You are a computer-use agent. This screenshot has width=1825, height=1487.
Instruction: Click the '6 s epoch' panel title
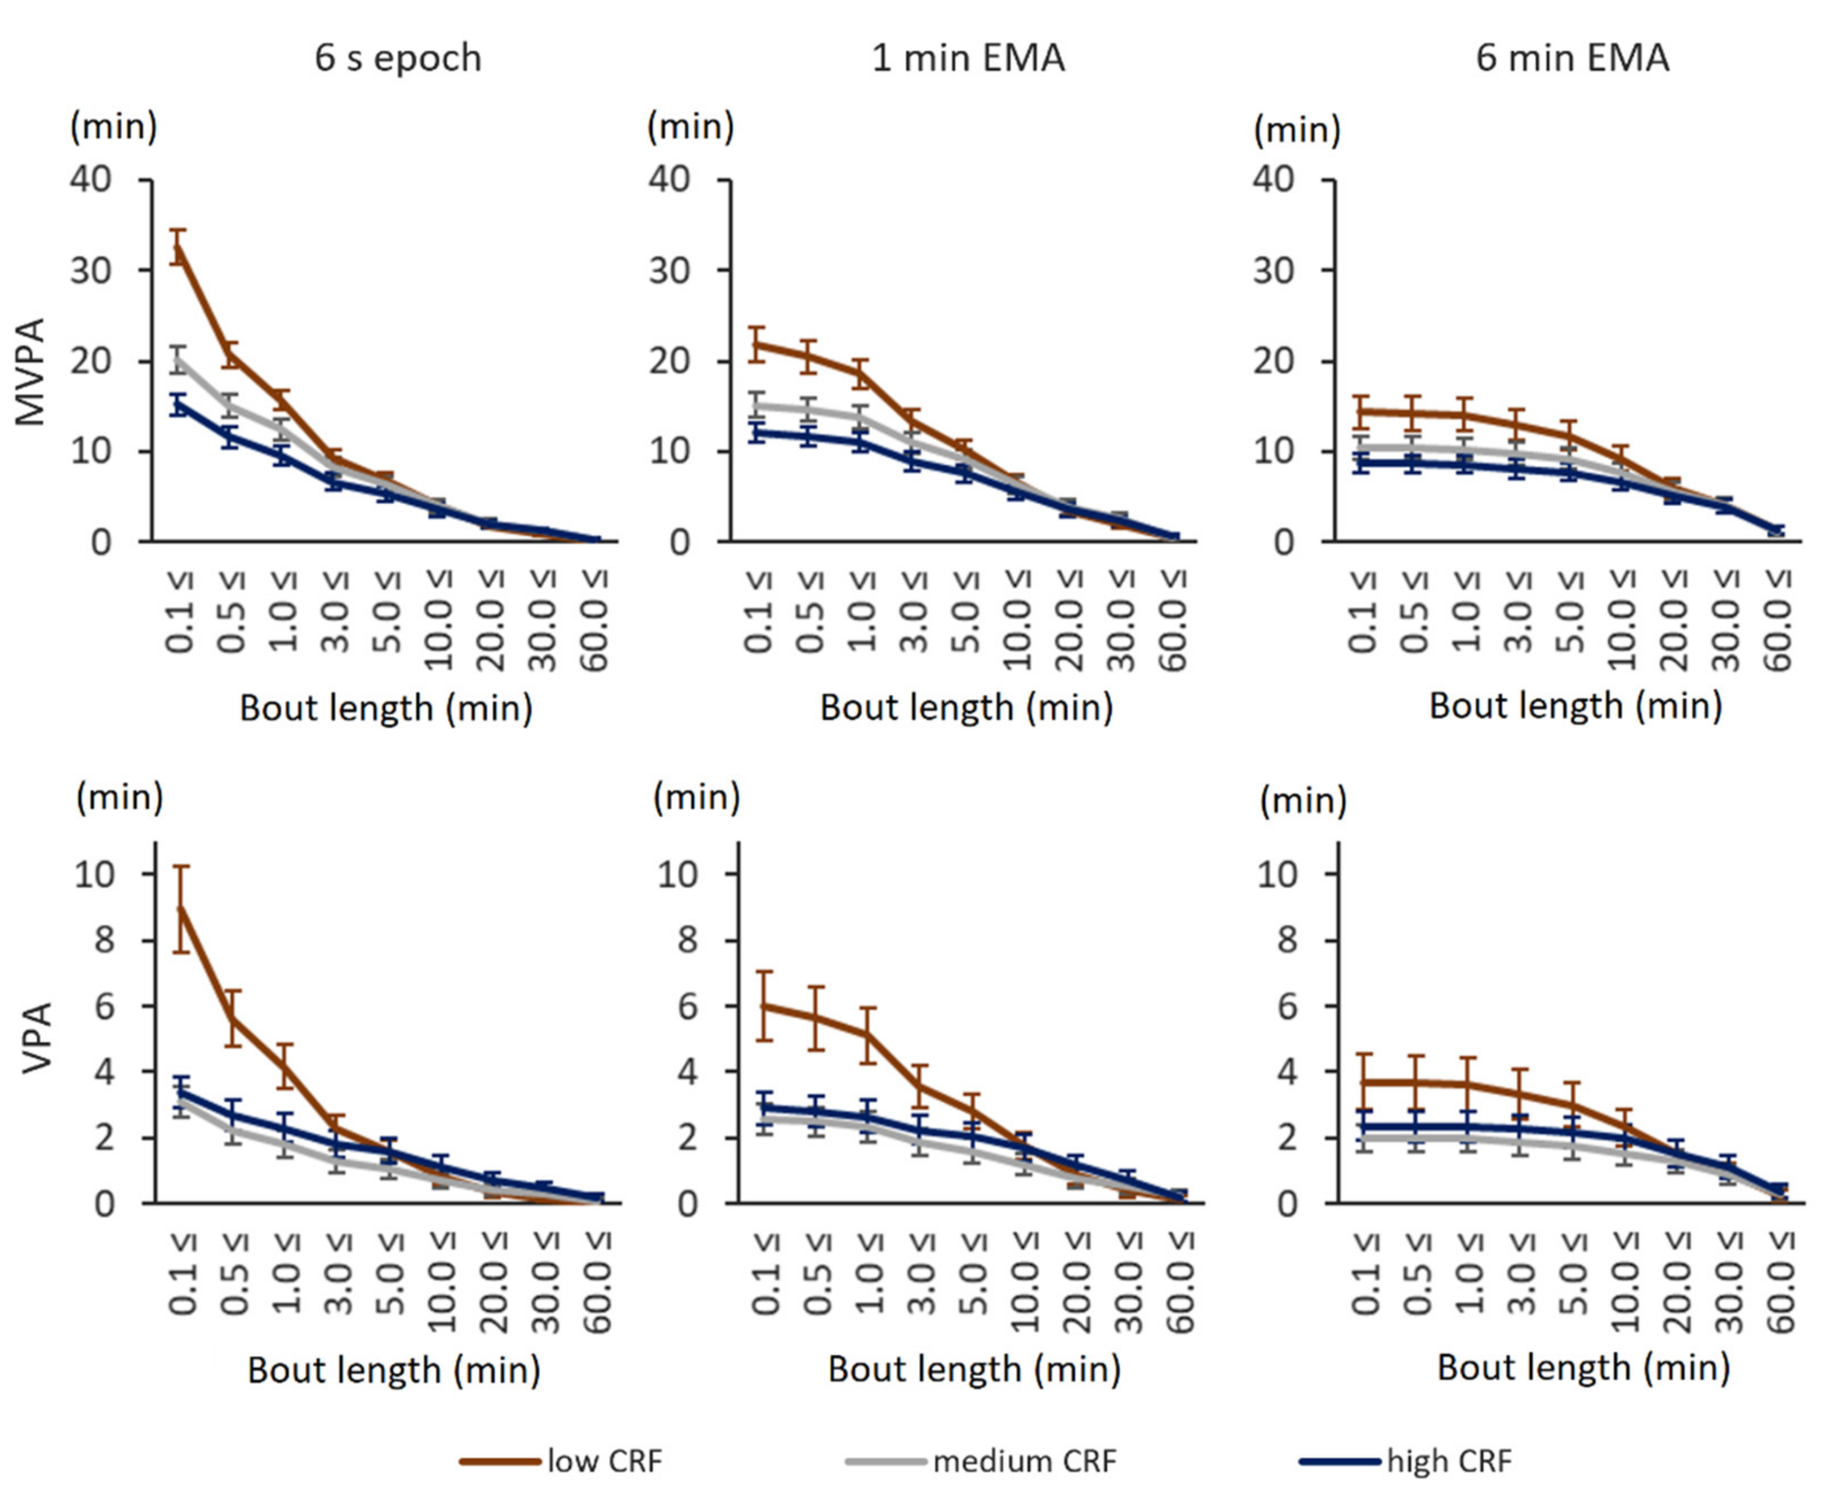[398, 58]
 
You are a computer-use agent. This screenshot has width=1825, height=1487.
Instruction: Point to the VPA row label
[37, 1038]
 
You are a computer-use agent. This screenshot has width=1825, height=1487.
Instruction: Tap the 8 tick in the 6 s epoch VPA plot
[104, 941]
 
